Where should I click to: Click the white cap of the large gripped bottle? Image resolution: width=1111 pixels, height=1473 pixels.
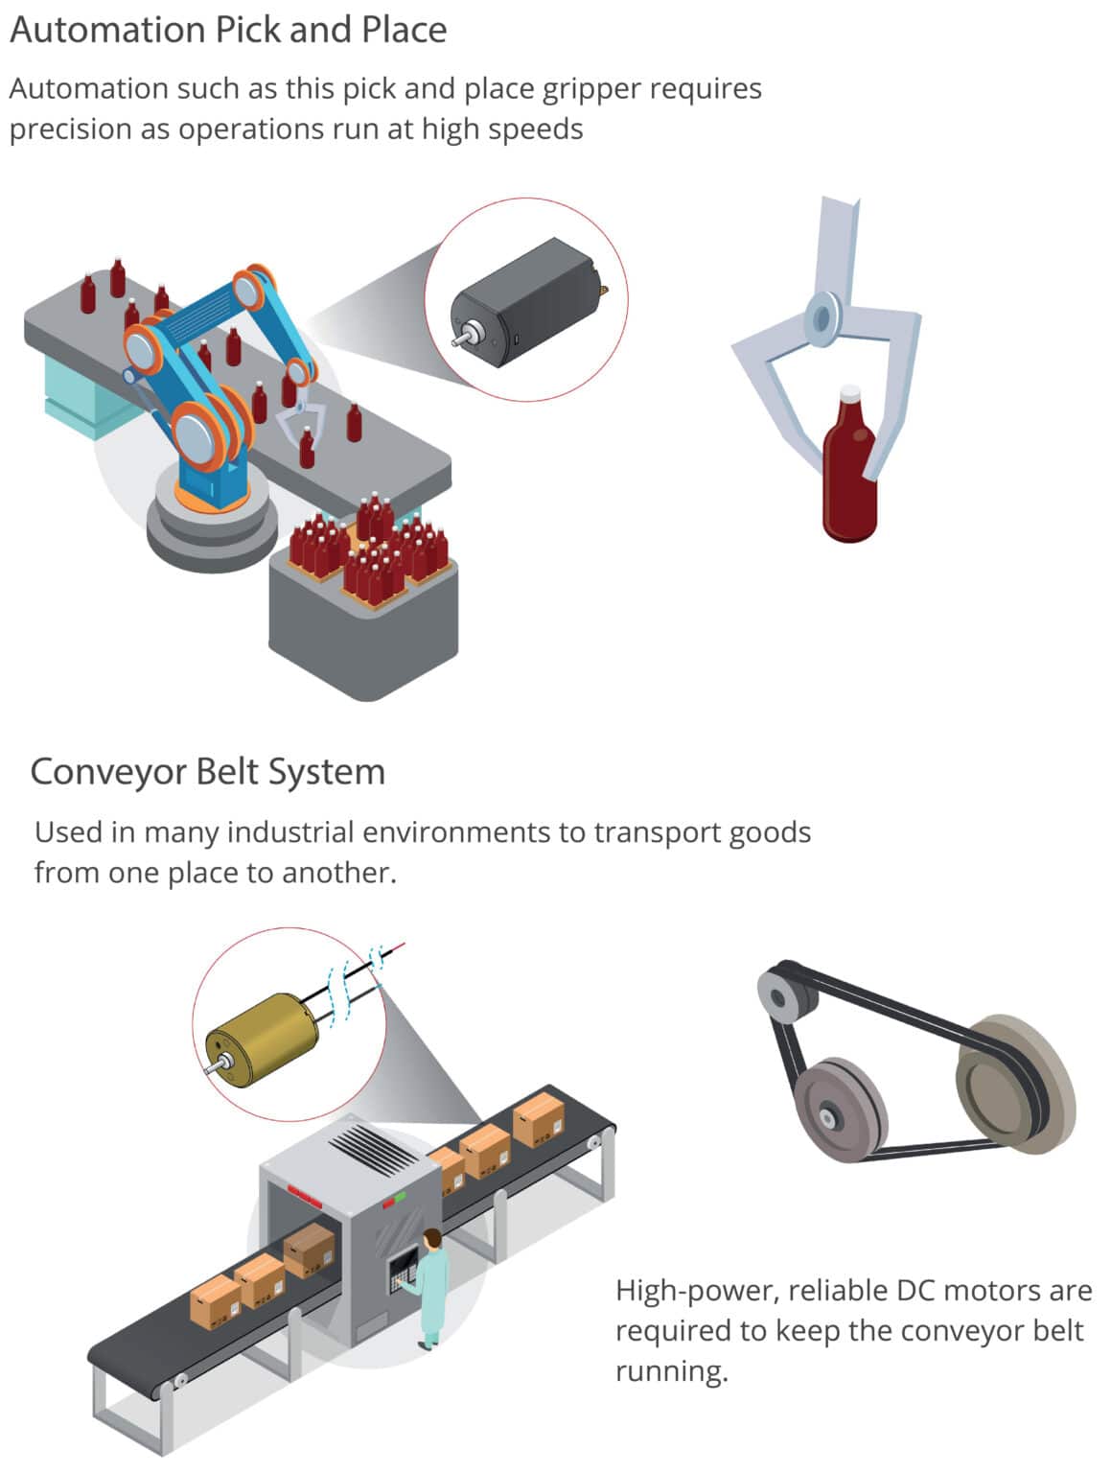click(850, 393)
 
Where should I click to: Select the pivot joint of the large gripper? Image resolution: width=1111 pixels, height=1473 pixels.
click(822, 316)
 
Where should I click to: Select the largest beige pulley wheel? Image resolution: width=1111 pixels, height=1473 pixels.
click(1016, 1084)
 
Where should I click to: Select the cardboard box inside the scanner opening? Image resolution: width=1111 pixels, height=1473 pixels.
click(310, 1250)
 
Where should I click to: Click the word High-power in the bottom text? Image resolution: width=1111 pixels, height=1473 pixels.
click(695, 1292)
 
